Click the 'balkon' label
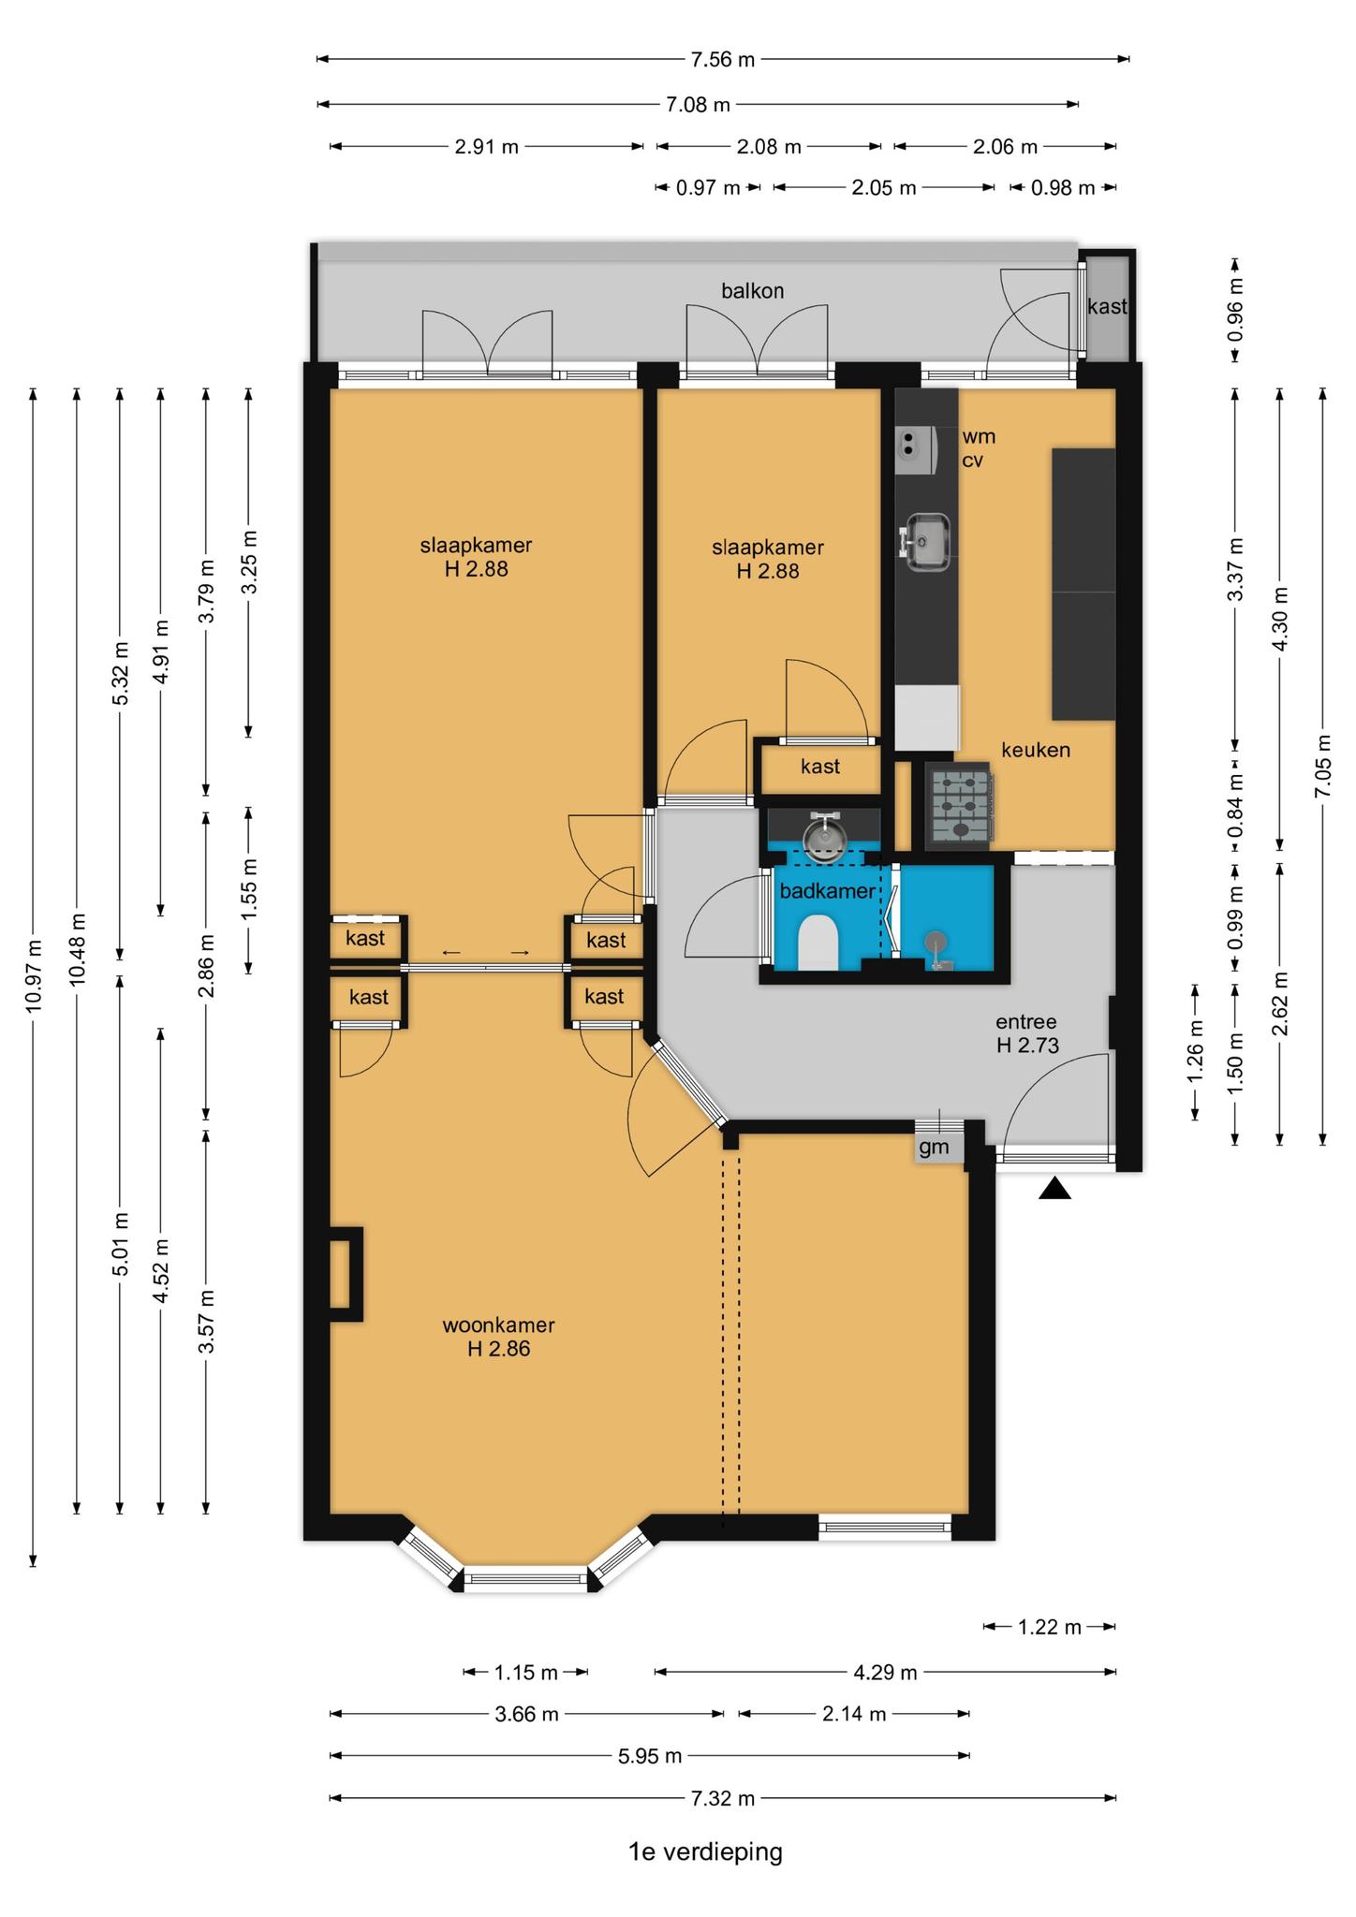point(752,291)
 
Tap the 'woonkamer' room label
point(498,1325)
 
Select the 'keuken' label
point(1035,750)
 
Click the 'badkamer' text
point(827,891)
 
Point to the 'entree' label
point(1025,1022)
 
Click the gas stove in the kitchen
point(959,803)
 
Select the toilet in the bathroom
point(818,944)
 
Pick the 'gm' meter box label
point(934,1147)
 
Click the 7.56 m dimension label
point(722,60)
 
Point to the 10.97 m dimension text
point(34,974)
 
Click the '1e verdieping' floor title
point(705,1851)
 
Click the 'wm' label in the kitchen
point(979,436)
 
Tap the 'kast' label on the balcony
point(1107,306)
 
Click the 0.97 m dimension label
point(708,188)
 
